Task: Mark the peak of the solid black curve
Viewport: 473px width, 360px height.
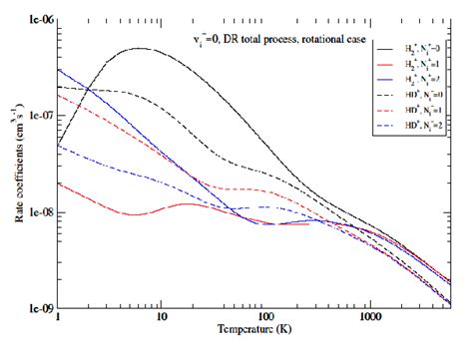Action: click(140, 48)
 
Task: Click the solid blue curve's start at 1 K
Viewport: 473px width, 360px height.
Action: click(60, 70)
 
